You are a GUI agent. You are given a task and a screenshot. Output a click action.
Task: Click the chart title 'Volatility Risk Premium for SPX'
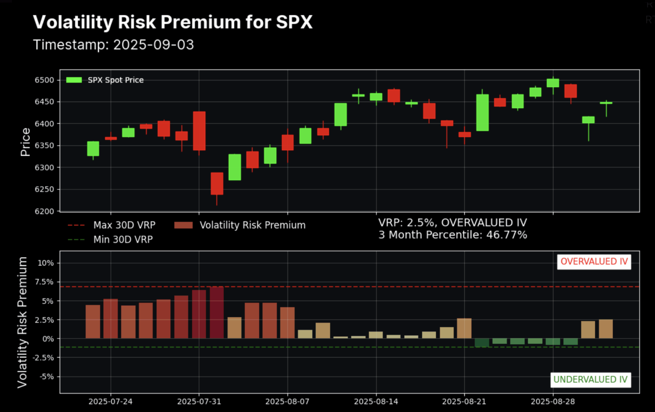click(173, 22)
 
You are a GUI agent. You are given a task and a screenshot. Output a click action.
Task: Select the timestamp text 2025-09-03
click(154, 45)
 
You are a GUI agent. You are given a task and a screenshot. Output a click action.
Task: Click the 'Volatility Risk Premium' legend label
click(252, 225)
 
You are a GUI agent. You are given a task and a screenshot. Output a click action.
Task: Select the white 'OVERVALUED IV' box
click(594, 261)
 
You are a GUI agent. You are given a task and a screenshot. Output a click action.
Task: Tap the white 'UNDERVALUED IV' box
click(590, 380)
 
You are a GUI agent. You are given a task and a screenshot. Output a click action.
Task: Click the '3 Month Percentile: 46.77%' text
click(452, 235)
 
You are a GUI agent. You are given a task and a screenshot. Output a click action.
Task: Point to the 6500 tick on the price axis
click(44, 80)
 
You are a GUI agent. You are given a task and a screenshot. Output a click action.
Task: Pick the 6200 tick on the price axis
click(44, 211)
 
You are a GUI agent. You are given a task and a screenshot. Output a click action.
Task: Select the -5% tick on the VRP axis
click(46, 377)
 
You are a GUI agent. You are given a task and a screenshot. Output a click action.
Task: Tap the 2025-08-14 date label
click(376, 401)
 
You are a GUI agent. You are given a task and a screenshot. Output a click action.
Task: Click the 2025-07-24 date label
click(110, 401)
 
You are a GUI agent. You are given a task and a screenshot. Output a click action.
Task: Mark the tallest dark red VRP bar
click(217, 313)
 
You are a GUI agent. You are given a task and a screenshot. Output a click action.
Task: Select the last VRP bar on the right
click(606, 329)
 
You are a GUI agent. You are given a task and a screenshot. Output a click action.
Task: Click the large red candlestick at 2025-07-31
click(199, 131)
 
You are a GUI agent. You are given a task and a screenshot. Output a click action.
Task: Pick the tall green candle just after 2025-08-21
click(482, 113)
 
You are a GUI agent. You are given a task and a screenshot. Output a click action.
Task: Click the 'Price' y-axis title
click(25, 142)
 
